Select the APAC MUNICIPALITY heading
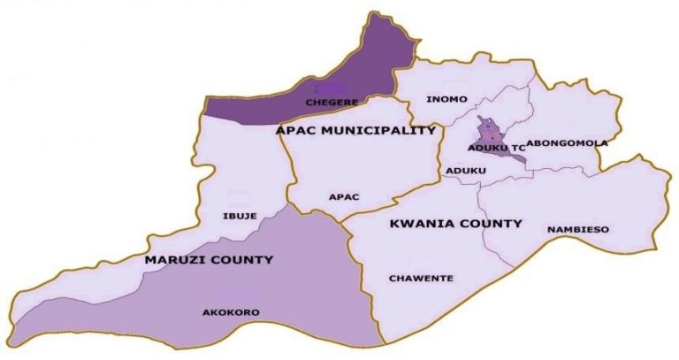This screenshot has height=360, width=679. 355,131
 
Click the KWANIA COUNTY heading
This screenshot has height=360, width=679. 455,224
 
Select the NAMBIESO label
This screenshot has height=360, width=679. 577,230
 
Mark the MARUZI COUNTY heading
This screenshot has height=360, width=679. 210,260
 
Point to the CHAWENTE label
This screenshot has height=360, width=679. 421,279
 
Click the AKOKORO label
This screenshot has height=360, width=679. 221,310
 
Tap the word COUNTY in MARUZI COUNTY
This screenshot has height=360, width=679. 243,260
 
